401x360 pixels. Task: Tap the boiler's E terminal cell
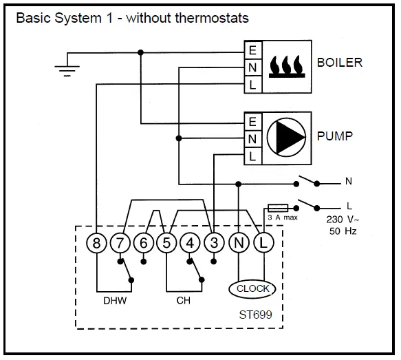tap(253, 50)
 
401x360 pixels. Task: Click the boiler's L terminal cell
tap(253, 85)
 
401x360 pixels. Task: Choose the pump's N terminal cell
tap(253, 139)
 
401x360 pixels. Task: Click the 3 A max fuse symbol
tap(278, 208)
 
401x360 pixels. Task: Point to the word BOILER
tap(340, 63)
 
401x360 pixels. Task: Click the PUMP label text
tap(335, 136)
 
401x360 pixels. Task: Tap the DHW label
tap(115, 301)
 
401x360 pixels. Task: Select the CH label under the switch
tap(184, 300)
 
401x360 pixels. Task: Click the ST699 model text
tap(255, 315)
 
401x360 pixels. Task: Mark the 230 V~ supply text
tap(343, 220)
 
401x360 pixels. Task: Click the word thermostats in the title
tap(212, 18)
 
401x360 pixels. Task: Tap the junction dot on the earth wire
tap(140, 52)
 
